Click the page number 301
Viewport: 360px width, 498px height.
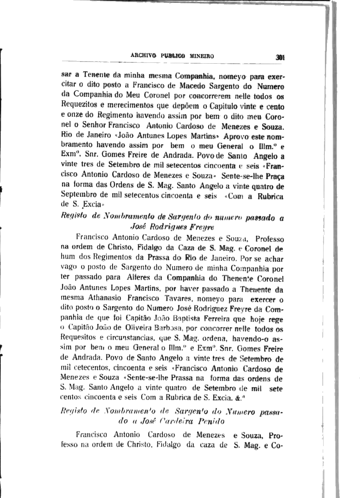click(280, 58)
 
